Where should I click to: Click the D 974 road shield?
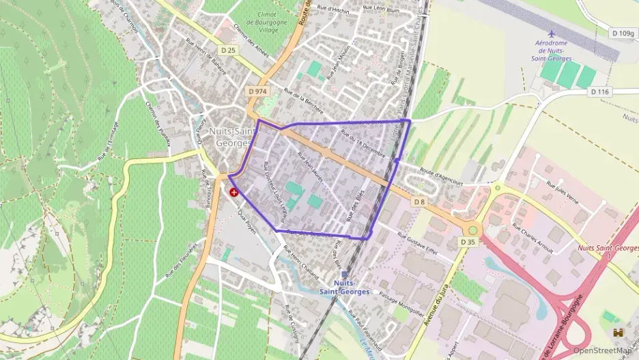(257, 92)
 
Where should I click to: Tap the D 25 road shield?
(228, 50)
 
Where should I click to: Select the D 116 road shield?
(599, 92)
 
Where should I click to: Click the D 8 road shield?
(419, 202)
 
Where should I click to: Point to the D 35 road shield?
(468, 242)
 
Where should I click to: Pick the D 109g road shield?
(623, 33)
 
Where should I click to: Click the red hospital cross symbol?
(233, 193)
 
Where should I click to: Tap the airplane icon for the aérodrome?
(552, 33)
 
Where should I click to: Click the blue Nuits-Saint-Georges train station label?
(343, 287)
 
